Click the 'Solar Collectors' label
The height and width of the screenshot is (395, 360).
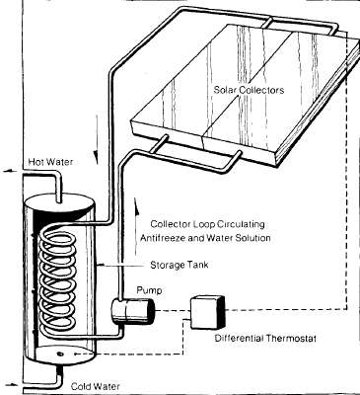pos(251,90)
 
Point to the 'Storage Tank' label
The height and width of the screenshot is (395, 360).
pos(178,266)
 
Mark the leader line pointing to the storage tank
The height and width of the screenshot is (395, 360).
pos(127,264)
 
